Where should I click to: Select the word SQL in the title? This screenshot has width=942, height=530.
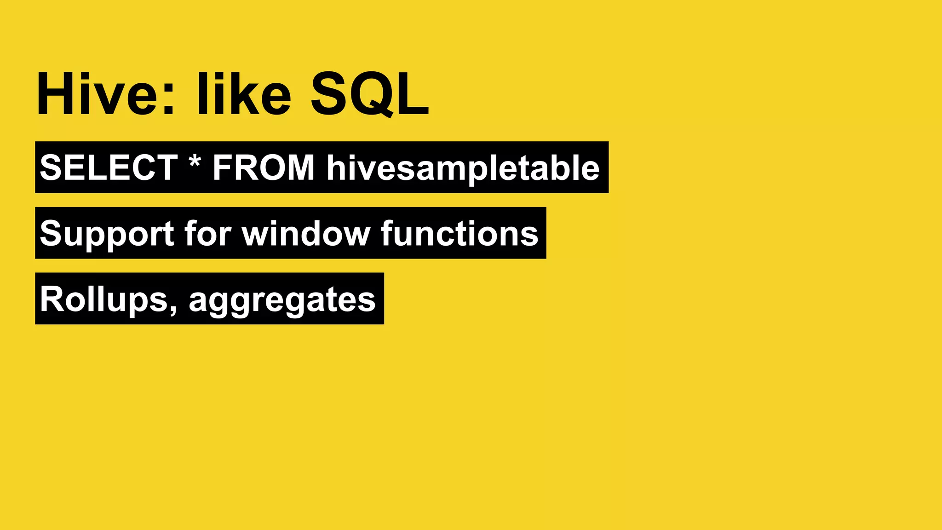pos(369,94)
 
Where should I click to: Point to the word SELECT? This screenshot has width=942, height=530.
pos(109,167)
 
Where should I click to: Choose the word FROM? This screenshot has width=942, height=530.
pos(264,167)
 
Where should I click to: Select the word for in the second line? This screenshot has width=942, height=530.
pos(208,233)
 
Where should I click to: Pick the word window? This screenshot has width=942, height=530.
pos(306,233)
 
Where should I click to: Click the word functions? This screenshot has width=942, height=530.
pos(459,233)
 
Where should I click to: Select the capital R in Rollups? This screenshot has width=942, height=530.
pos(52,299)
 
